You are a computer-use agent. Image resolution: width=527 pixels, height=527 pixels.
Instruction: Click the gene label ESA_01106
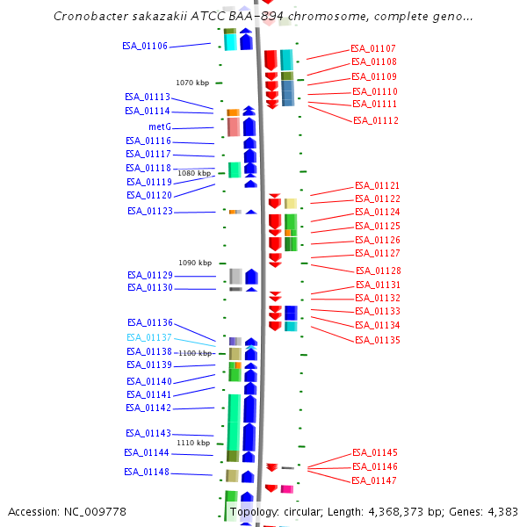point(145,47)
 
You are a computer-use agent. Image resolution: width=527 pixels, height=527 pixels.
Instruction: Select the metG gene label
point(159,126)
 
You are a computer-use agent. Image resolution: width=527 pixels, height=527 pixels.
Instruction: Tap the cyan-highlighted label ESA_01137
point(149,337)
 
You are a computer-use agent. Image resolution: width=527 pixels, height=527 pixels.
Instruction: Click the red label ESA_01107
point(373,49)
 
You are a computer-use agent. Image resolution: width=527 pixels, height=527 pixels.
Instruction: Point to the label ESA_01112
point(376,121)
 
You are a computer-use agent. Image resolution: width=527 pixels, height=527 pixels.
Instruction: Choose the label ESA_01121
point(377,186)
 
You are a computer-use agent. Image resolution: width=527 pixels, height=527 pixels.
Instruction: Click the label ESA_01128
point(378,271)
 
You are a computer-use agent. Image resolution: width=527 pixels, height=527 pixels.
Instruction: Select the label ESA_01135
point(377,340)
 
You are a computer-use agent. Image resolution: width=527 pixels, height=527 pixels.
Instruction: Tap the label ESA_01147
point(374,481)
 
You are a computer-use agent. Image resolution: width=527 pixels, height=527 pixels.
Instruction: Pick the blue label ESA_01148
point(147,473)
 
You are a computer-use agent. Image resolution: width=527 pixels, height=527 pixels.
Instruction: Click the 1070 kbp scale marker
point(192,83)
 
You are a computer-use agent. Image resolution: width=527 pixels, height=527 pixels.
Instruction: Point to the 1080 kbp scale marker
point(194,174)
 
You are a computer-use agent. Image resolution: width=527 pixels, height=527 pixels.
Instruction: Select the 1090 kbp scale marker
point(195,263)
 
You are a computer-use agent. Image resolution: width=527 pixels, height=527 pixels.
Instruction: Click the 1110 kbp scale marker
point(193,444)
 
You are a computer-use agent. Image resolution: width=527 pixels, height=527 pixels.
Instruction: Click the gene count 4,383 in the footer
point(501,511)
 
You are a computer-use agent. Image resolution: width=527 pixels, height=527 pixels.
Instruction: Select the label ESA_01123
point(149,212)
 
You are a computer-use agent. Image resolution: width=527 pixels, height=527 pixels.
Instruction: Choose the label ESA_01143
point(148,433)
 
